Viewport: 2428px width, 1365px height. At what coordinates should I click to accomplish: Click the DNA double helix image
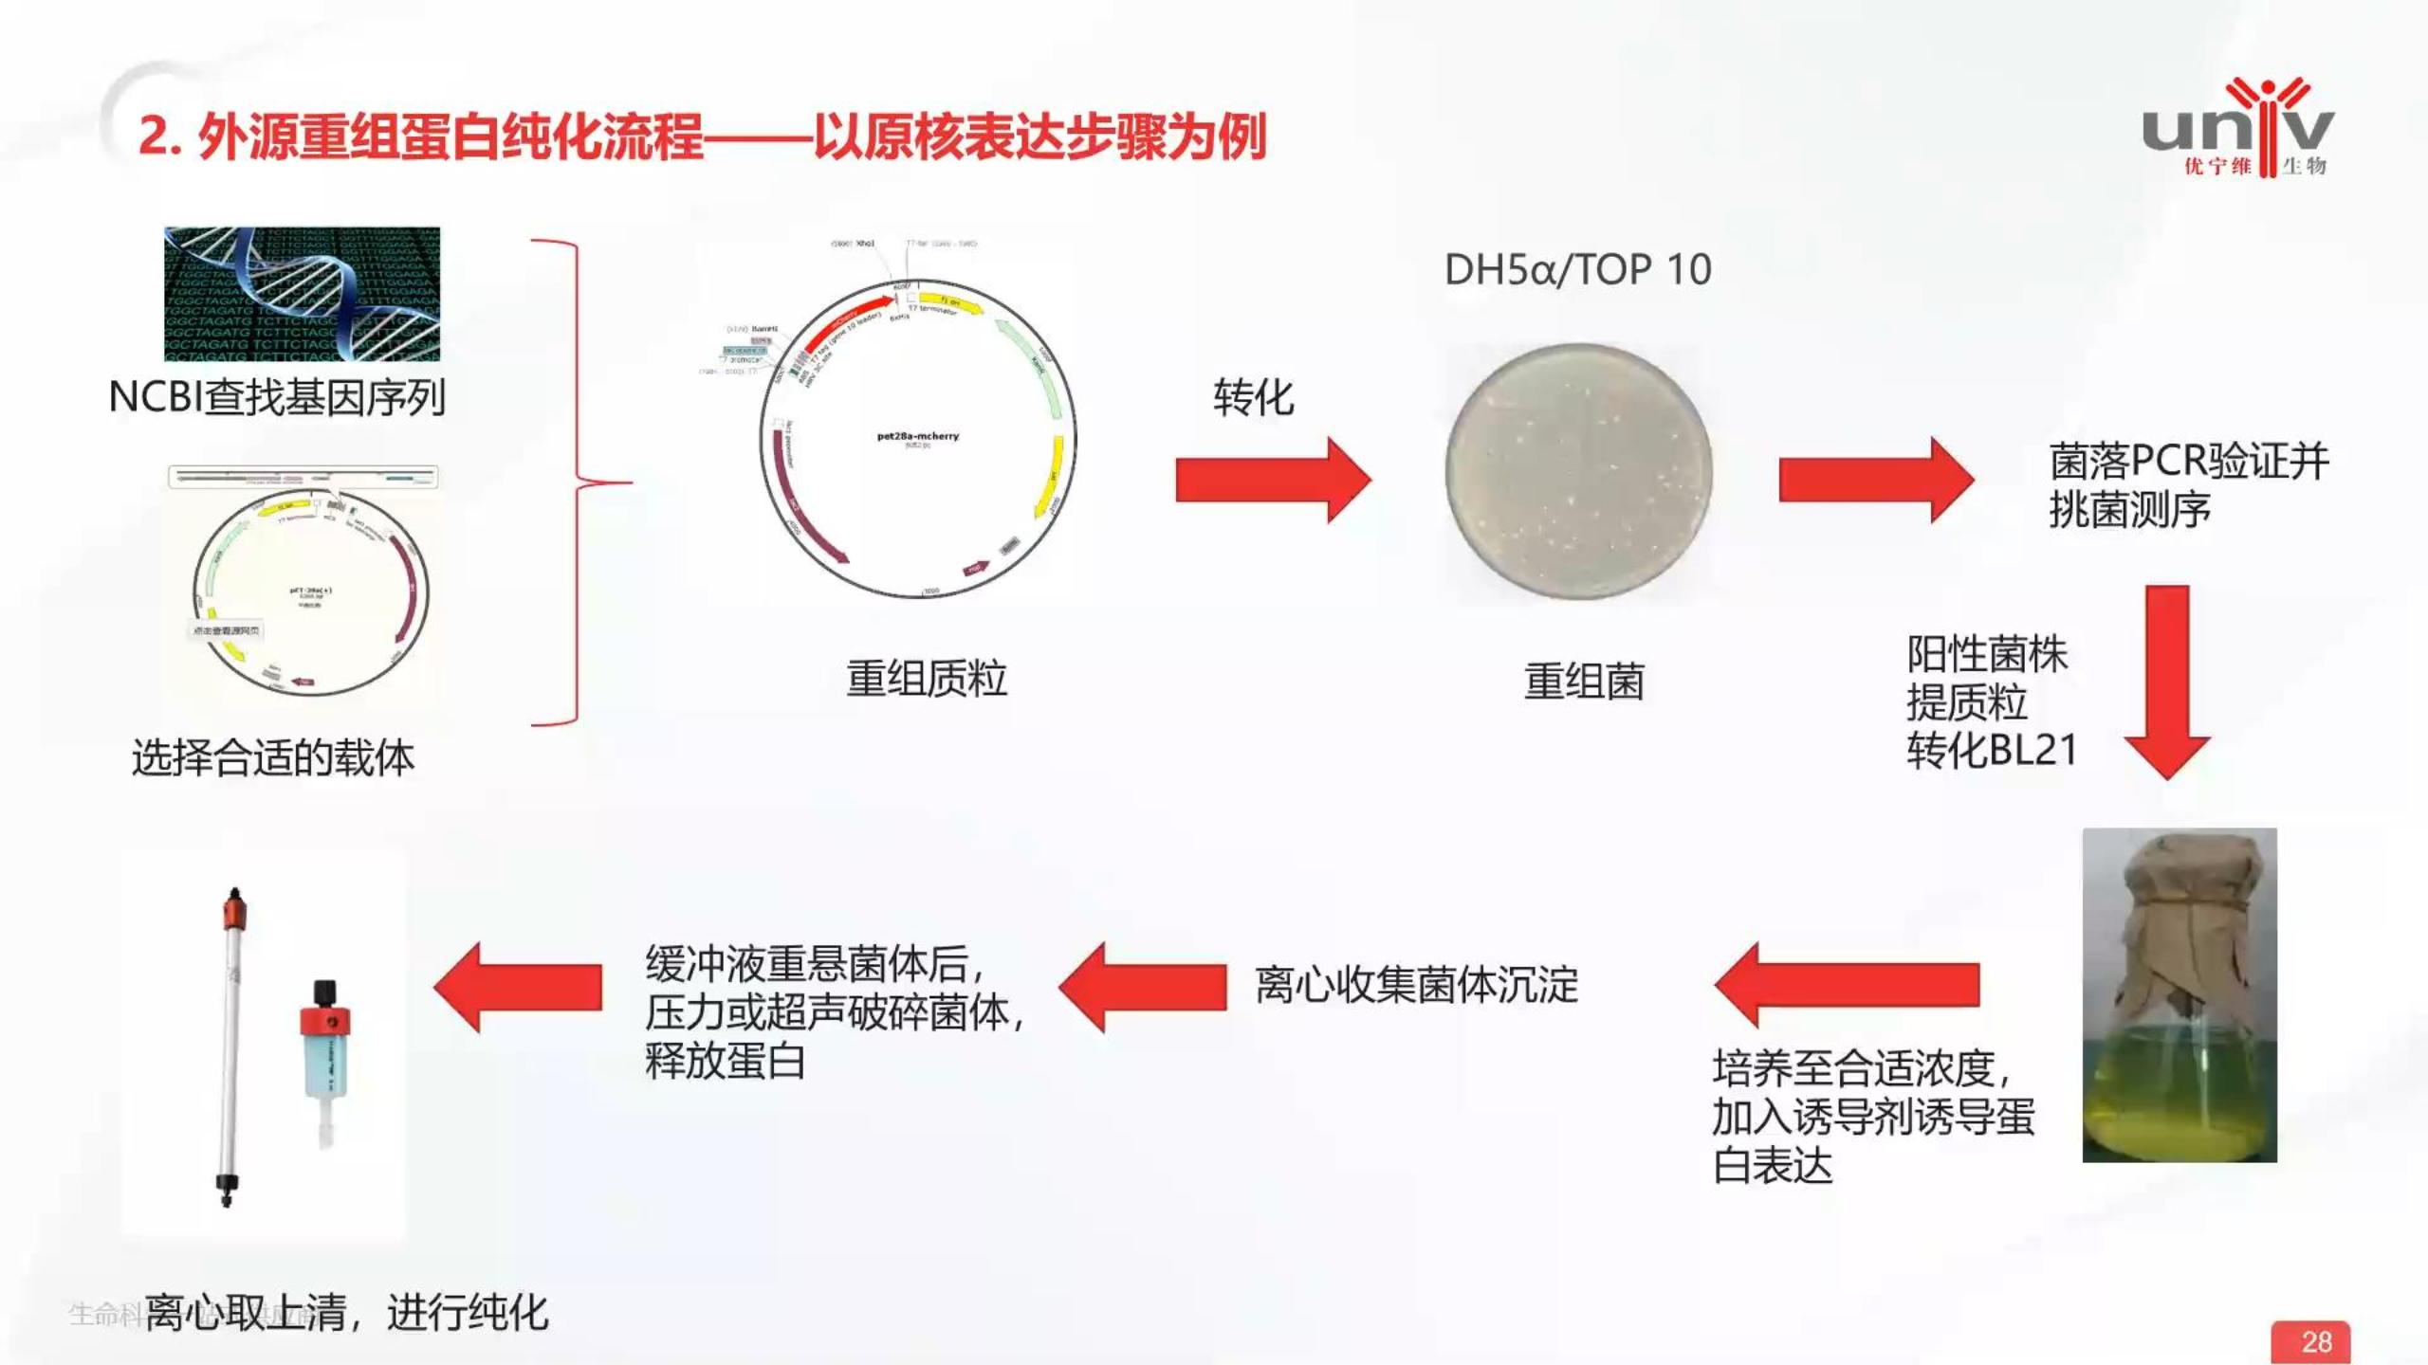coord(302,294)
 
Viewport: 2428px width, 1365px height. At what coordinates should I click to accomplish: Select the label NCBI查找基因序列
coord(277,397)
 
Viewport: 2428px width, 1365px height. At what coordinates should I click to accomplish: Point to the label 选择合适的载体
coord(272,758)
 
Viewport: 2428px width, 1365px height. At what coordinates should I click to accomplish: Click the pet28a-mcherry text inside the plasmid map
coord(917,436)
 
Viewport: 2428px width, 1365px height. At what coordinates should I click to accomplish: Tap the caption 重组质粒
coord(926,679)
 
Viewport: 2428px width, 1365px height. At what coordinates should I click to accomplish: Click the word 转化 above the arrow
coord(1253,397)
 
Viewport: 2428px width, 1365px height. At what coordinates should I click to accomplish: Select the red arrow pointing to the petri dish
coord(1272,480)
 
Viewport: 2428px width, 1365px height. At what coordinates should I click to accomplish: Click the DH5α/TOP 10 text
coord(1577,270)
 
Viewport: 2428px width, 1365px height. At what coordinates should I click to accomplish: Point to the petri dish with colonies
coord(1579,472)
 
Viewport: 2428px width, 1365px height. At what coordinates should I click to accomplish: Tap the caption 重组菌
coord(1584,682)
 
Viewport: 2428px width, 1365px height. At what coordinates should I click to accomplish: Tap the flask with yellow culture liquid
coord(2179,995)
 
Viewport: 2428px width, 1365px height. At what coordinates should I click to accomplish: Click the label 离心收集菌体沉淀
coord(1416,985)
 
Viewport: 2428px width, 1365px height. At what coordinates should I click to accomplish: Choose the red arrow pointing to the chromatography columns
coord(519,987)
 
